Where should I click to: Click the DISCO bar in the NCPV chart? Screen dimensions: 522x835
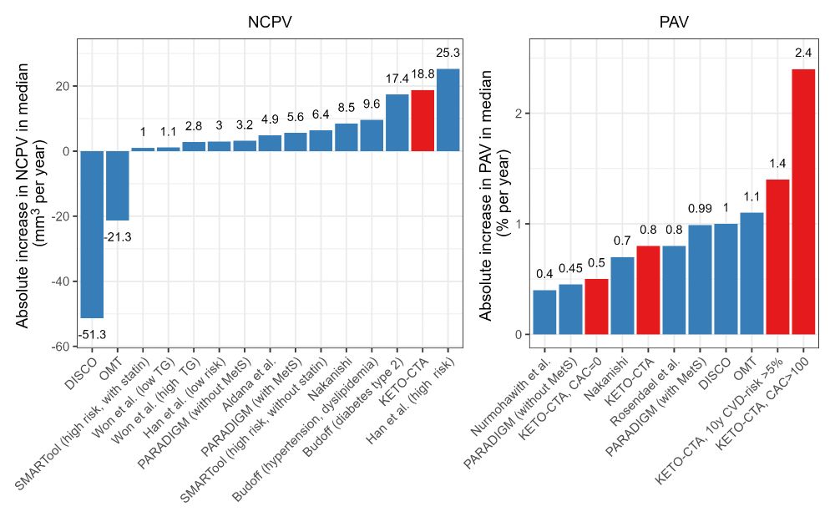tap(92, 234)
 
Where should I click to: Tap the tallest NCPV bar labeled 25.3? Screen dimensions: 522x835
tap(448, 109)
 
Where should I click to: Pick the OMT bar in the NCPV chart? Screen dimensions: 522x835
tap(117, 185)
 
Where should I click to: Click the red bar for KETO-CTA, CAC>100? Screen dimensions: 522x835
tap(803, 200)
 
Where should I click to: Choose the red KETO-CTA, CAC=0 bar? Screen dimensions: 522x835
tap(596, 306)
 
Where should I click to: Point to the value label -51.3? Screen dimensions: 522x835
tap(92, 335)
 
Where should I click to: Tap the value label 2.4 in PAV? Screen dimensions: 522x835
tap(803, 53)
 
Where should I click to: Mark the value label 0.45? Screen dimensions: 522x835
tap(570, 268)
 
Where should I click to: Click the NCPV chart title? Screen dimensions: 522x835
tap(269, 23)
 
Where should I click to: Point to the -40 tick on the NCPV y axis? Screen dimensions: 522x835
tap(60, 281)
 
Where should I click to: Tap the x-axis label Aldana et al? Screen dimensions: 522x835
tap(250, 380)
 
